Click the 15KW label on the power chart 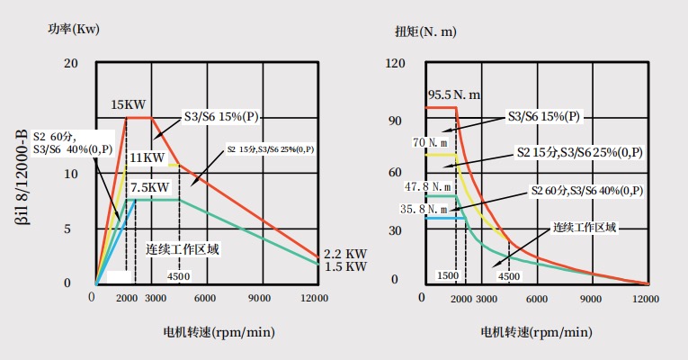click(x=129, y=104)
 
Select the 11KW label click(x=147, y=158)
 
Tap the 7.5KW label click(x=150, y=187)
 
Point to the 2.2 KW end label click(x=346, y=255)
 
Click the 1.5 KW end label click(x=346, y=267)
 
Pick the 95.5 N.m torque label click(x=454, y=94)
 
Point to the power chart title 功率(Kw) click(x=74, y=29)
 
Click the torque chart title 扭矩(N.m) click(x=425, y=31)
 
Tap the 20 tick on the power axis click(x=72, y=63)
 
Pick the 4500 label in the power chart click(x=179, y=275)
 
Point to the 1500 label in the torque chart click(x=449, y=275)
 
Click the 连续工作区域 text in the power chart click(x=183, y=248)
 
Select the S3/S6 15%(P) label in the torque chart click(x=545, y=116)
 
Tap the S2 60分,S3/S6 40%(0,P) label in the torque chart click(x=586, y=190)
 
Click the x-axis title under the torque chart click(x=537, y=332)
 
